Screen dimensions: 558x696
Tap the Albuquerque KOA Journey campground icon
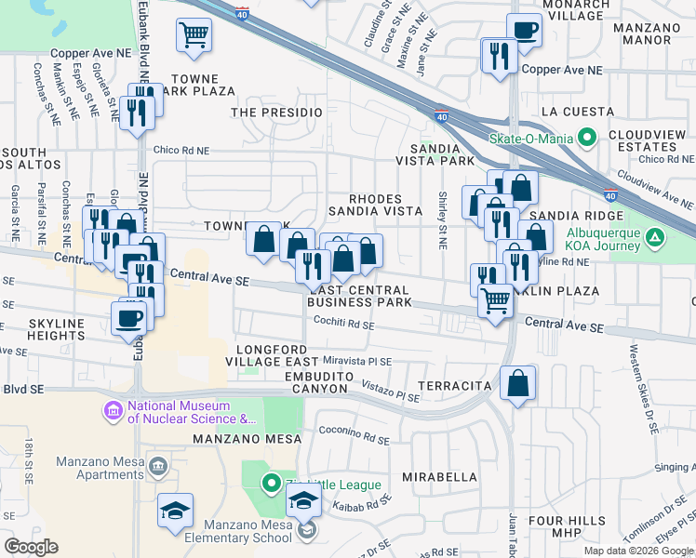click(655, 239)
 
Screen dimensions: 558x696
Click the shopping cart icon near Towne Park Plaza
click(194, 35)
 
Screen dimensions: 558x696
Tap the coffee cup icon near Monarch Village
click(524, 29)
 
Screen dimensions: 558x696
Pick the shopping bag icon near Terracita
click(517, 382)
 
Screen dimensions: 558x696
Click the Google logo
click(32, 547)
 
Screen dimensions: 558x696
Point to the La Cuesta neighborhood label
click(577, 112)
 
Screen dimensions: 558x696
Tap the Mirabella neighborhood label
click(439, 476)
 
